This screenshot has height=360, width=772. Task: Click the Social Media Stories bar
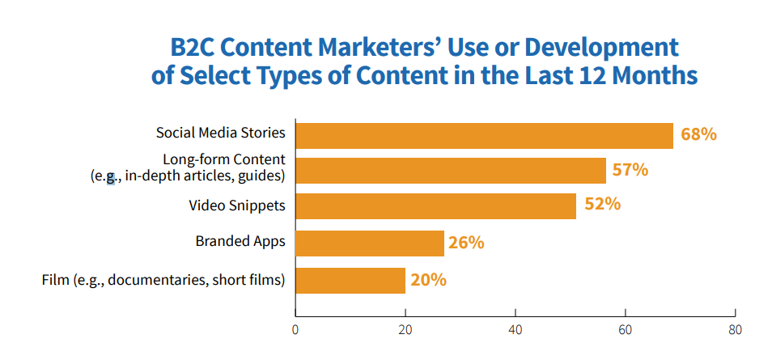[484, 136]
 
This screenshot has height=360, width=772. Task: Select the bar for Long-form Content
[451, 171]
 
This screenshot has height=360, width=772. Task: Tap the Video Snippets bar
[435, 205]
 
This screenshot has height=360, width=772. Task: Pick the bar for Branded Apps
[370, 243]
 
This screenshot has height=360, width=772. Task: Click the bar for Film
[350, 281]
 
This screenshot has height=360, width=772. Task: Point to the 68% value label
[698, 134]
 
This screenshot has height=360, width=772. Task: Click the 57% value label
[630, 170]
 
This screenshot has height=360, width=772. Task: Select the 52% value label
[602, 205]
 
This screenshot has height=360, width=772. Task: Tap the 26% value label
[465, 242]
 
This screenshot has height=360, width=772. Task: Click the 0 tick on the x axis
[295, 329]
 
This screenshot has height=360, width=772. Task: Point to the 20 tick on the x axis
[405, 329]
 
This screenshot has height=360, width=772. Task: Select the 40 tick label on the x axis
[515, 329]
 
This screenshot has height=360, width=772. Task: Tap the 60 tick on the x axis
[625, 329]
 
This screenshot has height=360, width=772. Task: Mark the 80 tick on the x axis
[734, 329]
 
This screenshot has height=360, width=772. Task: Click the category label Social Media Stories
[222, 133]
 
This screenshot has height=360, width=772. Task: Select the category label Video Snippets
[237, 205]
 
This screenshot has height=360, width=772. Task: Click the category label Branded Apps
[240, 241]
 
